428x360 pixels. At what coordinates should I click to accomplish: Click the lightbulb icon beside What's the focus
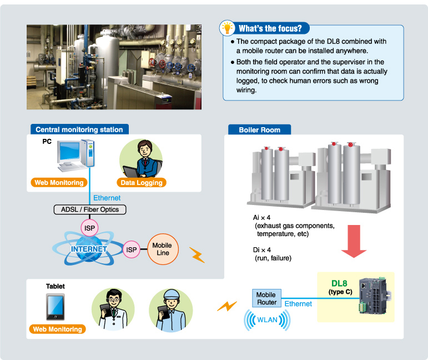(227, 28)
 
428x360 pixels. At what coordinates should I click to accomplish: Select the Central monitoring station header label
(79, 129)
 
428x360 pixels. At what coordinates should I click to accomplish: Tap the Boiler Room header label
(259, 129)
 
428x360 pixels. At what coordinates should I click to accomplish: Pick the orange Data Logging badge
(142, 182)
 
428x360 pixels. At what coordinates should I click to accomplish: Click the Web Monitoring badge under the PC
(58, 182)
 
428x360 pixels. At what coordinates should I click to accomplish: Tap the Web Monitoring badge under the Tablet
(57, 329)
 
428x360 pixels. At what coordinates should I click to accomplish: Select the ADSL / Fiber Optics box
(90, 209)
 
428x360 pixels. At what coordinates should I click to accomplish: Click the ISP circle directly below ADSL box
(89, 228)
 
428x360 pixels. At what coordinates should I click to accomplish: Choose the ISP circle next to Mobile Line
(132, 249)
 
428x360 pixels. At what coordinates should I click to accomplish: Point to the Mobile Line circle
(162, 249)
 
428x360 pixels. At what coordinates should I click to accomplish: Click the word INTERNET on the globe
(89, 249)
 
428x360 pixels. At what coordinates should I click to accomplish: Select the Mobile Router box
(266, 299)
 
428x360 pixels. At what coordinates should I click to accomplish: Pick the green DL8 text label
(339, 284)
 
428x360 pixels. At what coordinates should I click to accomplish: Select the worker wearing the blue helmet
(170, 308)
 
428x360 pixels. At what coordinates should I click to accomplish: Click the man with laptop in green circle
(142, 158)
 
